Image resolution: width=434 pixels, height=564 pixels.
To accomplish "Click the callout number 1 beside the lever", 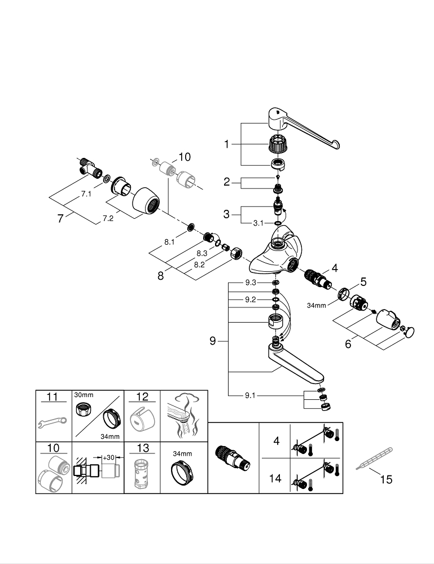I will pos(226,144).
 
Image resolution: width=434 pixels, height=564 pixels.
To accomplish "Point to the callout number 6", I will pos(348,342).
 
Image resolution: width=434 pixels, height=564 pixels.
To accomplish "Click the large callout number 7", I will pos(60,218).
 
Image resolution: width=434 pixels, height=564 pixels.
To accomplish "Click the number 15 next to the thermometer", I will pos(386,480).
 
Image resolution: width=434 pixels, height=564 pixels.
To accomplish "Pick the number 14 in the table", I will pos(276,478).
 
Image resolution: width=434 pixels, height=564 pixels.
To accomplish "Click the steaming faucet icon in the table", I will pos(184,415).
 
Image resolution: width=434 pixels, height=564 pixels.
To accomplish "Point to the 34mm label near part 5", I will pos(317,306).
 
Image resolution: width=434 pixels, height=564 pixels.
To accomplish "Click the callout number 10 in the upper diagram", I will pos(185,157).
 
